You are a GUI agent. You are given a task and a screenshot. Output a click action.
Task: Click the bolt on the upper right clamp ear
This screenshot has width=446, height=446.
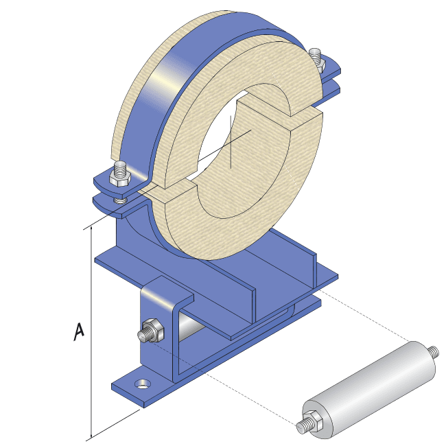316,58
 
